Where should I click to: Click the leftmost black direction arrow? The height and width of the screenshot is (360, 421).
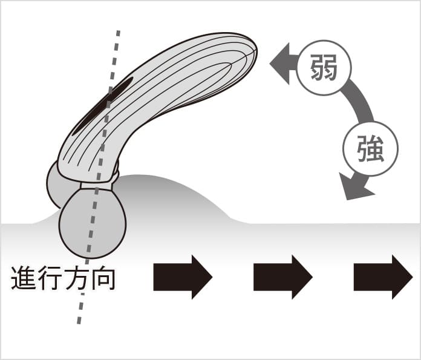click(x=183, y=277)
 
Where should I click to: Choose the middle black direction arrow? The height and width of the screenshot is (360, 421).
click(x=282, y=277)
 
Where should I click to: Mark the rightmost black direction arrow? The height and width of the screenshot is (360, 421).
click(x=383, y=277)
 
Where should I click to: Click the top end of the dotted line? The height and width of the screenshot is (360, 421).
click(x=118, y=31)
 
